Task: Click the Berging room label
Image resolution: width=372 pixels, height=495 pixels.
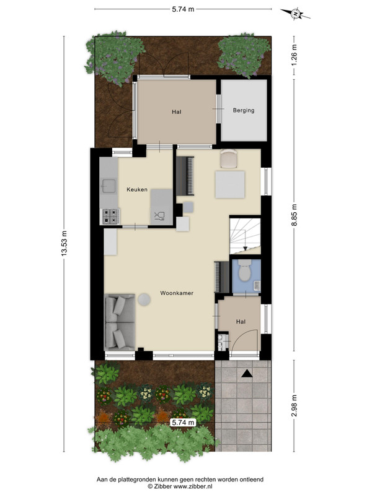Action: pos(244,111)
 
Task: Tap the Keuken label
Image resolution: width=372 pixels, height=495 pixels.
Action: pos(137,189)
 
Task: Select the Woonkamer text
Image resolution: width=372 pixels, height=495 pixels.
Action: pos(177,293)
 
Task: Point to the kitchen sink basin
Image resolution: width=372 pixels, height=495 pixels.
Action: pos(108,186)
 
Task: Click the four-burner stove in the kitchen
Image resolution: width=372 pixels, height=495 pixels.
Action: pos(110,216)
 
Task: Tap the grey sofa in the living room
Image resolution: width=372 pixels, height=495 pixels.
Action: pos(120,322)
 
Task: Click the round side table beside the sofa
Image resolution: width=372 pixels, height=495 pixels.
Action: pos(144,299)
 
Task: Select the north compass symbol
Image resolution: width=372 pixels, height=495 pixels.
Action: pos(296,14)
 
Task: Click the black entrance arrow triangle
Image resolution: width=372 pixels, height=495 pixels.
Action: pos(247,374)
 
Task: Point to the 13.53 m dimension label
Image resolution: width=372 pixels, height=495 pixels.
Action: pos(64,243)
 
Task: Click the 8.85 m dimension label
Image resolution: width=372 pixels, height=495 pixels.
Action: pos(294,215)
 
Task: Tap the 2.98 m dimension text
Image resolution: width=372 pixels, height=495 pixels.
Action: pos(294,406)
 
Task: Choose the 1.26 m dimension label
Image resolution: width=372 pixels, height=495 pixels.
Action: pos(294,54)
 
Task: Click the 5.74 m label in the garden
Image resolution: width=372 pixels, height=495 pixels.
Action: pos(183,422)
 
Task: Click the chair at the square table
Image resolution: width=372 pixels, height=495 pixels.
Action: pos(228,158)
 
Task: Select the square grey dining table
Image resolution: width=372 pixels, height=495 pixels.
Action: pos(230,184)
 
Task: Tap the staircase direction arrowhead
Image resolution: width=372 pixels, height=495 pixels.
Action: pos(245,248)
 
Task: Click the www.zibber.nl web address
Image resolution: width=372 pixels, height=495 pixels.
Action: pos(192,486)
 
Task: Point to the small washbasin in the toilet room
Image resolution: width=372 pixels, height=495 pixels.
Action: pos(257,285)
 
